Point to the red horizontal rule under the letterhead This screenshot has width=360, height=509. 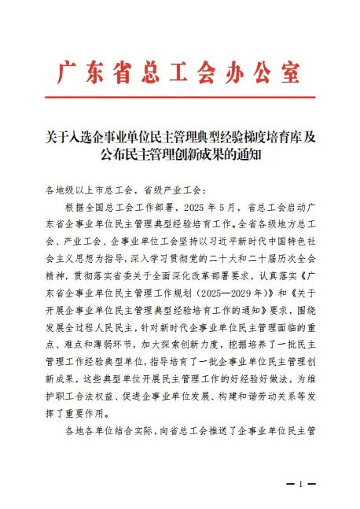pos(180,97)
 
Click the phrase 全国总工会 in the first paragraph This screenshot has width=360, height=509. pos(106,208)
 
